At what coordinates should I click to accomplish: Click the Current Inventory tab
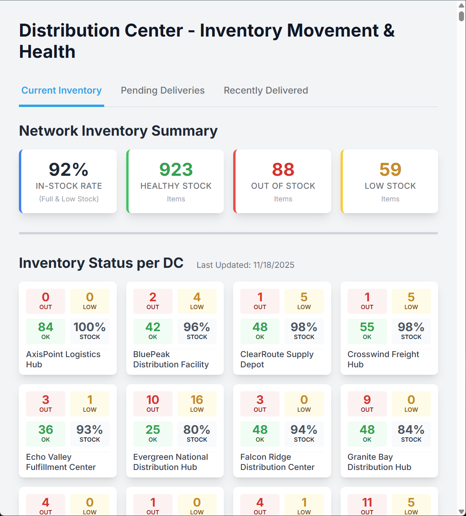coord(61,90)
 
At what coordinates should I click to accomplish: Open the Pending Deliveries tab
coord(162,90)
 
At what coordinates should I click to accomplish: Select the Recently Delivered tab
coord(266,90)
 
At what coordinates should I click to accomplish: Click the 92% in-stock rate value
coord(68,170)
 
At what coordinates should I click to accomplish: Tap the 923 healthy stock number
coord(176,170)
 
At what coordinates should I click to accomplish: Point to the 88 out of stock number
coord(283,170)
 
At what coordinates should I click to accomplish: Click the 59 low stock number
coord(390,170)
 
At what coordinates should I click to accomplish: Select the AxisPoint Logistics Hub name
coord(63,359)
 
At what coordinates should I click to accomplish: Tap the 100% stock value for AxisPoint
coord(90,331)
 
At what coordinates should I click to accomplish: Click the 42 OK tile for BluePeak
coord(153,331)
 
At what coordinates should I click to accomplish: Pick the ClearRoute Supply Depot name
coord(277,359)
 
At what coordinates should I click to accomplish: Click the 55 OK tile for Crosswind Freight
coord(367,331)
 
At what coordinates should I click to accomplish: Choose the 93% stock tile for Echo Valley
coord(90,434)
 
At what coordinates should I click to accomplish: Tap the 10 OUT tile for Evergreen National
coord(153,404)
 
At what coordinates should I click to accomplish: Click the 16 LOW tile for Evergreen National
coord(197,404)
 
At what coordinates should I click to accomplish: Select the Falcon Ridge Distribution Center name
coord(277,462)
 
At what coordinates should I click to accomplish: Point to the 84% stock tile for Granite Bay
coord(411,434)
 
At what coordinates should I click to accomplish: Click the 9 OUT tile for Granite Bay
coord(367,404)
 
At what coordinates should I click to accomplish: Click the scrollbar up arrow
coord(461,6)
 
